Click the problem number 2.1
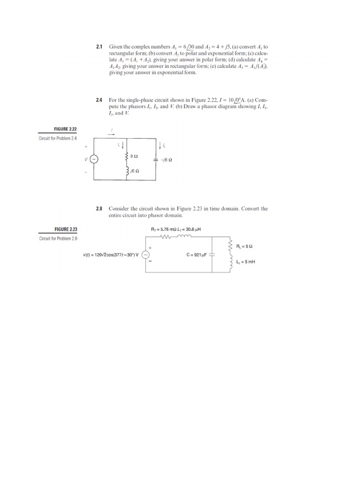tap(99, 47)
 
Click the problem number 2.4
tap(99, 100)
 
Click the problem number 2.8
tap(99, 208)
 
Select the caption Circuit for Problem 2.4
tap(59, 139)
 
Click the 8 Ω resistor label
tap(134, 156)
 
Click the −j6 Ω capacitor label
tap(167, 159)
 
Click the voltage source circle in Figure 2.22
tap(94, 159)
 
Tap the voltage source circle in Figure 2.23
tap(146, 255)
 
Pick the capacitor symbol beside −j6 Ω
tap(155, 159)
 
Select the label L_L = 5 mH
tap(246, 262)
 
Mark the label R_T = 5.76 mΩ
tap(163, 229)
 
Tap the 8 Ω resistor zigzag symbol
tap(127, 156)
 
